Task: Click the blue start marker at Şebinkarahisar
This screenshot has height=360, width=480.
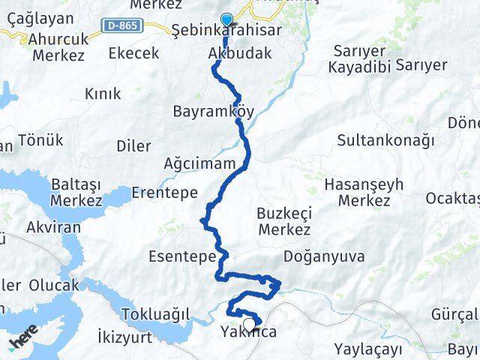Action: (226, 20)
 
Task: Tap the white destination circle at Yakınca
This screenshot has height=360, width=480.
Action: (249, 324)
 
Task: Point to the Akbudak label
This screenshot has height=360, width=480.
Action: (239, 54)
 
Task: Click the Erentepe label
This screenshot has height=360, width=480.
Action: (164, 193)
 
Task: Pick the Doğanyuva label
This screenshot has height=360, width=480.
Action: (324, 256)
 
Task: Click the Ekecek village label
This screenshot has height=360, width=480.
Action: (134, 53)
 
